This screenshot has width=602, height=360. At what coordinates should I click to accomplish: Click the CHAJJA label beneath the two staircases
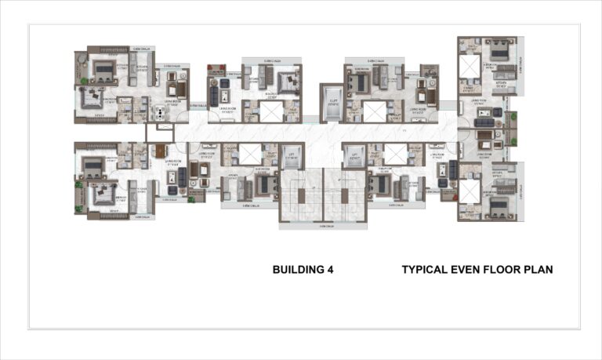322,226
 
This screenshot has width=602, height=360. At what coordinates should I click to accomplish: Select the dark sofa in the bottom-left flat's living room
183,177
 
